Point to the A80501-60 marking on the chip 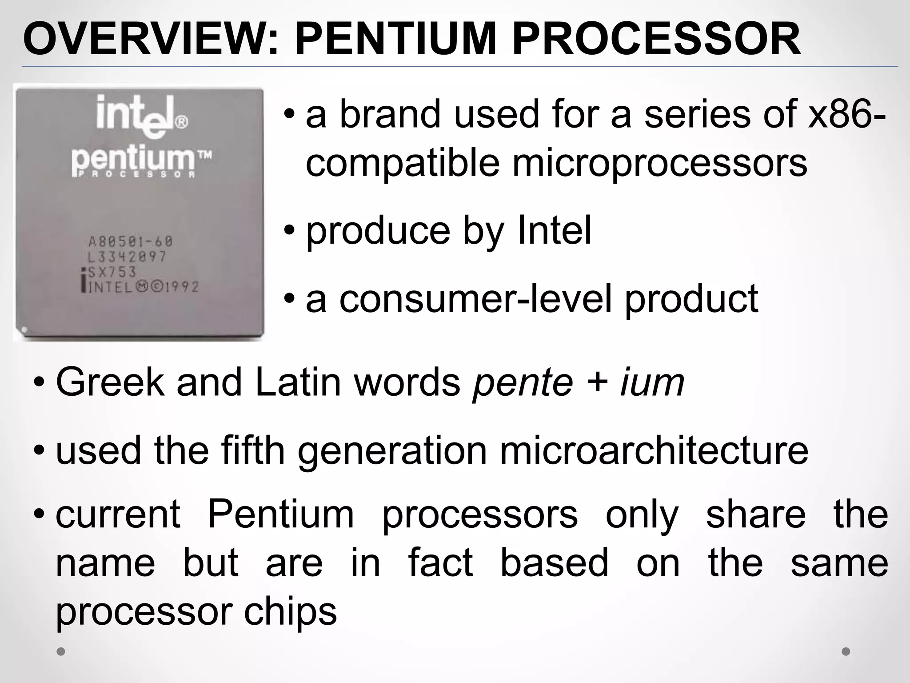(130, 242)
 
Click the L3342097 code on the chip (127, 257)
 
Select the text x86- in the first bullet (846, 115)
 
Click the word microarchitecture (654, 451)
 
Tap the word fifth (253, 451)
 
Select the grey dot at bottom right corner (846, 651)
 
